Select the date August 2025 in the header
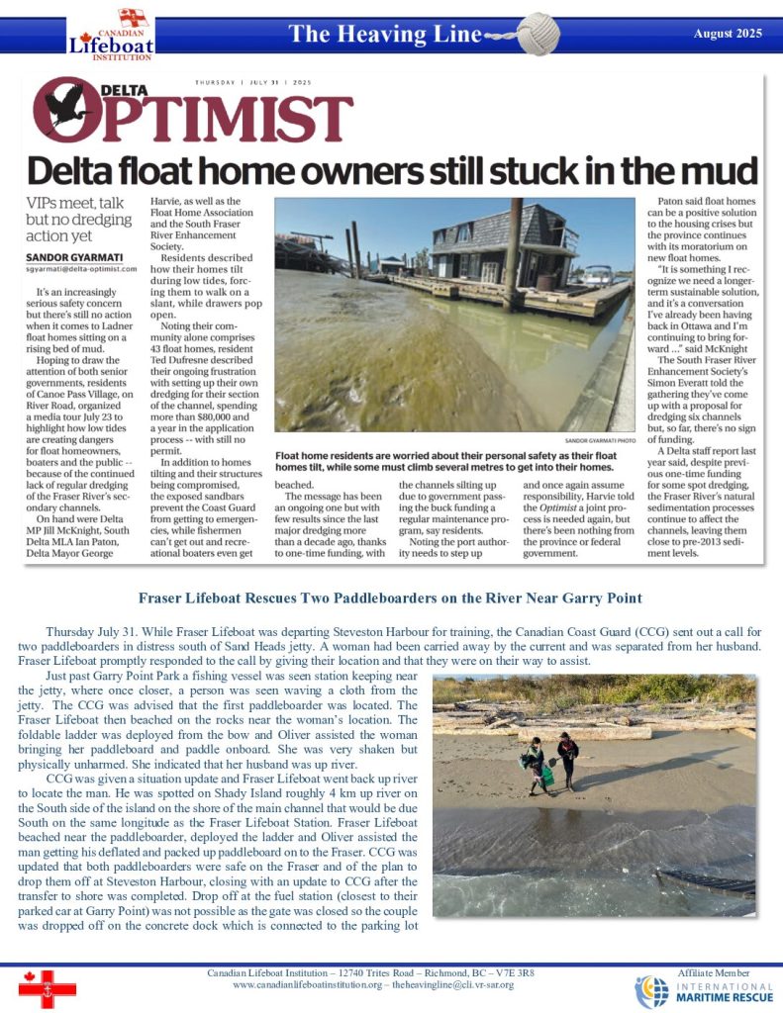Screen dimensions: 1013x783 pos(728,34)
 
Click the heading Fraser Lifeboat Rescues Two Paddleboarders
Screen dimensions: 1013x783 pos(390,598)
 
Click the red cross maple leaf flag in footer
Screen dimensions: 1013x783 pos(47,986)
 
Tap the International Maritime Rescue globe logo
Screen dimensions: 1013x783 pos(652,990)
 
